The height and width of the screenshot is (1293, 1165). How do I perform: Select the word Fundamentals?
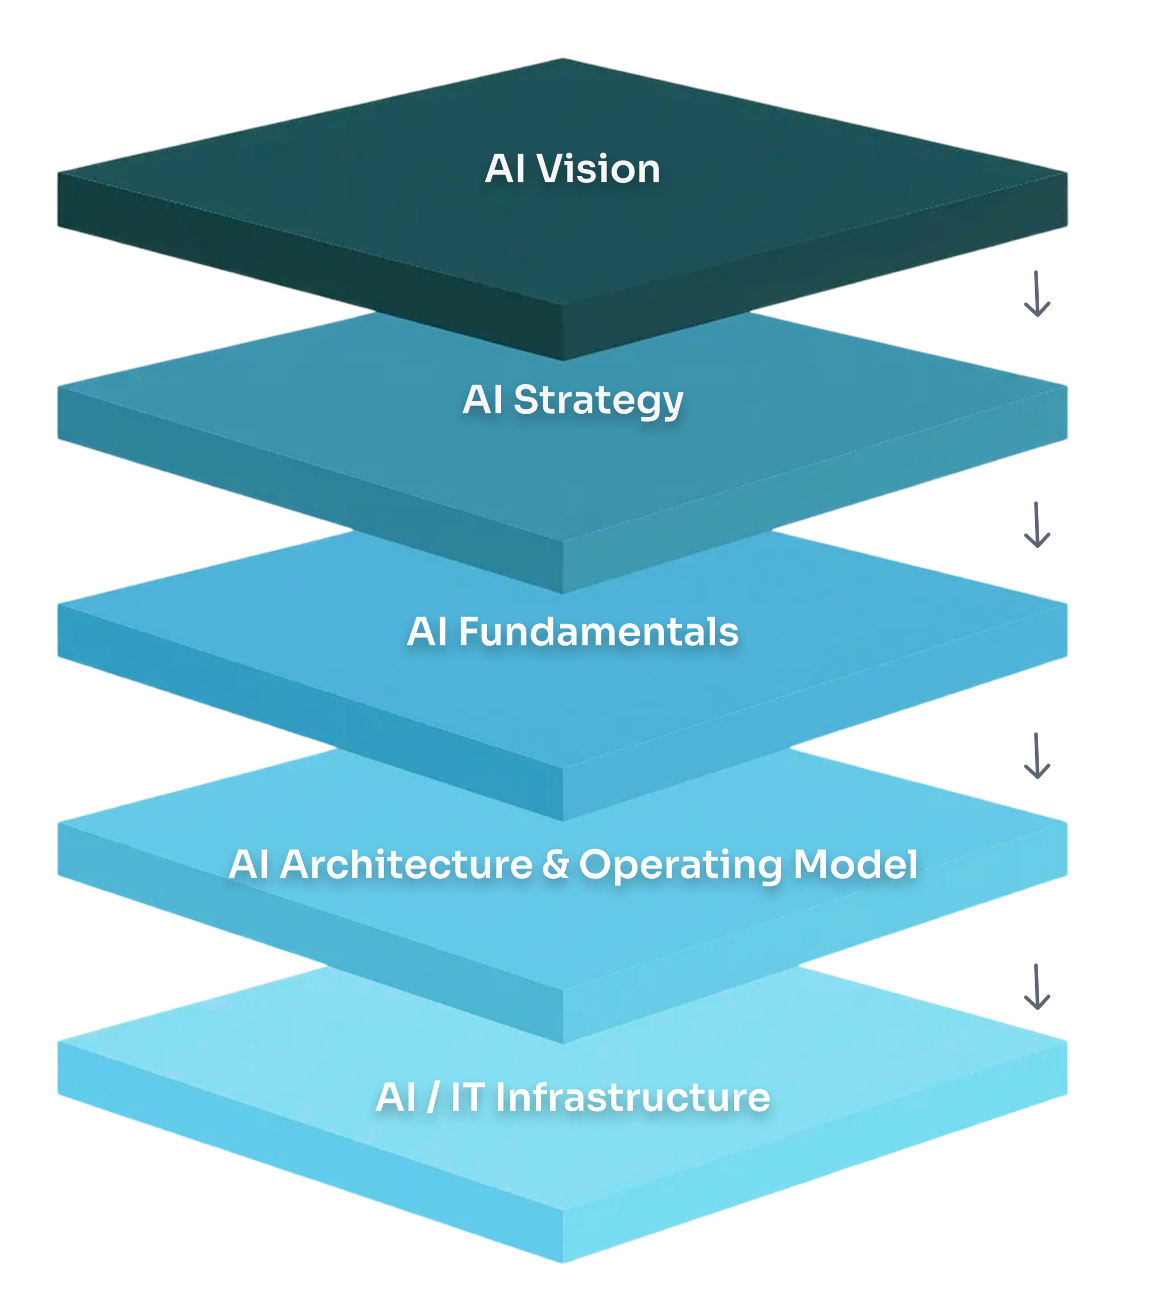598,632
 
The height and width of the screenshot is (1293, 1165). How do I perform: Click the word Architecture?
406,864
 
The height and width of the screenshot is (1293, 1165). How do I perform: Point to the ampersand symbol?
555,864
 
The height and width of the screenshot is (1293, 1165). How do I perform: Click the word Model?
855,864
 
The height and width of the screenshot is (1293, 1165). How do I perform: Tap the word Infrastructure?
632,1097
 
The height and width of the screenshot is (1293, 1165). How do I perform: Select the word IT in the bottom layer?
467,1097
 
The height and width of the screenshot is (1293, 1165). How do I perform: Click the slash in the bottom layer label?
433,1097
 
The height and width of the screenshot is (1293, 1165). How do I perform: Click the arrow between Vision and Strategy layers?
1036,294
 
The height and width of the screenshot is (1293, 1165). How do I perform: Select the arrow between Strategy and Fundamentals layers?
1036,525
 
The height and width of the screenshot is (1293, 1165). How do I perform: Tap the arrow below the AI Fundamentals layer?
1036,756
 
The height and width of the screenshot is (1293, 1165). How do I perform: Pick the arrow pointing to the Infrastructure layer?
1036,986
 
